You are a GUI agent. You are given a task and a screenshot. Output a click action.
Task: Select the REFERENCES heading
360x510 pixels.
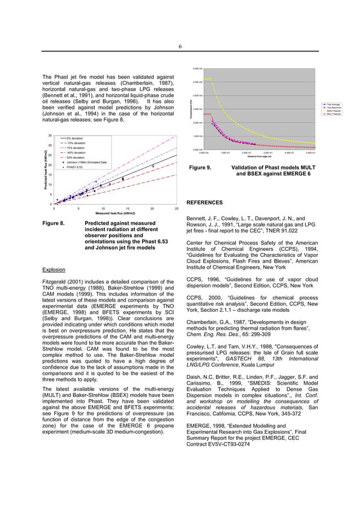coord(204,202)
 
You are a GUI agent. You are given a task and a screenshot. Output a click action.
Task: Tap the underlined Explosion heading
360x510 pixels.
coord(55,269)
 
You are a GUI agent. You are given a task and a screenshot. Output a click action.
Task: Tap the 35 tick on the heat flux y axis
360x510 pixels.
coord(50,136)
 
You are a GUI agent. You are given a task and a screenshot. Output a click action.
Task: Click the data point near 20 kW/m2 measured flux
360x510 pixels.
coord(152,166)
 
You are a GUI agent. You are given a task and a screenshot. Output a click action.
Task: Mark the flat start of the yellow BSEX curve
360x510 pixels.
coord(207,79)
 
